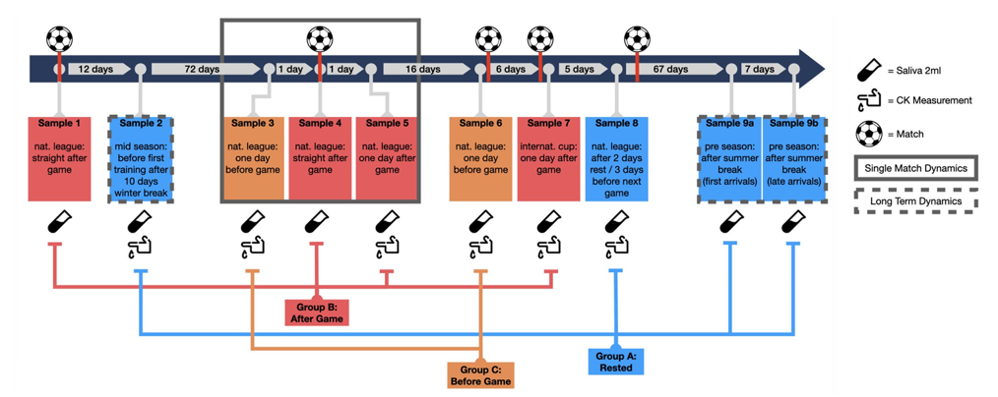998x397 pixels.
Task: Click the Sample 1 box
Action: tap(59, 158)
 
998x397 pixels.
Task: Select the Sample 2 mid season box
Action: tap(142, 158)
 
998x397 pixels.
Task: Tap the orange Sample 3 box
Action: tap(254, 158)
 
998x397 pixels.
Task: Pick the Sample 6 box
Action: tap(480, 158)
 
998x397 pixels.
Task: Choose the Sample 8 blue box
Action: tap(616, 158)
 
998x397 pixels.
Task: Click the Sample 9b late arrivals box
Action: tap(793, 158)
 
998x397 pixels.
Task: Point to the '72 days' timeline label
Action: tap(201, 70)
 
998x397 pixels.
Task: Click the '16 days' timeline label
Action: tap(422, 70)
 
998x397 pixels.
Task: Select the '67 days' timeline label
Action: tap(670, 70)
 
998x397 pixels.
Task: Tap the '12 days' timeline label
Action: tap(95, 70)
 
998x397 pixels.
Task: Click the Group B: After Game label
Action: tap(316, 312)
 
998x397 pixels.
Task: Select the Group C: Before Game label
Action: tap(480, 374)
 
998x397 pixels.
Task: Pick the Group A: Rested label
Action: tap(616, 361)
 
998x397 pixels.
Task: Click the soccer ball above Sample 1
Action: tap(59, 39)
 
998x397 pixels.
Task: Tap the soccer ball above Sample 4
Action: tap(319, 39)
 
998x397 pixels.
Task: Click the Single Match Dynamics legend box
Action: tap(916, 168)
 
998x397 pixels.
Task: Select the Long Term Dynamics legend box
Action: tap(916, 202)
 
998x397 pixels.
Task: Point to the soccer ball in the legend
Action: tap(868, 133)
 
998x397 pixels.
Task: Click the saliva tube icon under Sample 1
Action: tap(59, 222)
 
